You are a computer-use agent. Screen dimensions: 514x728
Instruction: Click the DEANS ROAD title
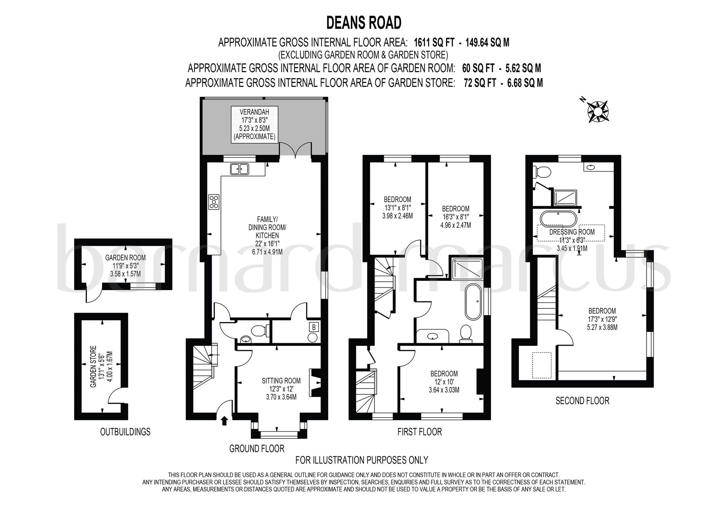[x=364, y=23]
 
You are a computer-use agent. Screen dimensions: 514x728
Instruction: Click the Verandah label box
[x=254, y=124]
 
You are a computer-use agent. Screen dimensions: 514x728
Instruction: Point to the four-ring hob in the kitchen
[x=214, y=201]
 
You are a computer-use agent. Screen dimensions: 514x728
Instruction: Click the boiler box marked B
[x=314, y=327]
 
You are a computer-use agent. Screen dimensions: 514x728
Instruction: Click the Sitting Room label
[x=281, y=389]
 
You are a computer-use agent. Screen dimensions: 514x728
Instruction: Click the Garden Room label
[x=125, y=265]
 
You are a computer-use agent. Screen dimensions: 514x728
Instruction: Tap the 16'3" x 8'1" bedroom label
[x=456, y=217]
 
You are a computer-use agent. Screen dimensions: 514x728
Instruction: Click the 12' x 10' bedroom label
[x=444, y=382]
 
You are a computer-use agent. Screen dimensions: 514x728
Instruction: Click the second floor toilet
[x=543, y=173]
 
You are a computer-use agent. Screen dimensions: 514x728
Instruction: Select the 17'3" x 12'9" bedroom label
[x=602, y=319]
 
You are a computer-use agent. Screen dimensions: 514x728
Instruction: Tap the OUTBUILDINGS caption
[x=125, y=432]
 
